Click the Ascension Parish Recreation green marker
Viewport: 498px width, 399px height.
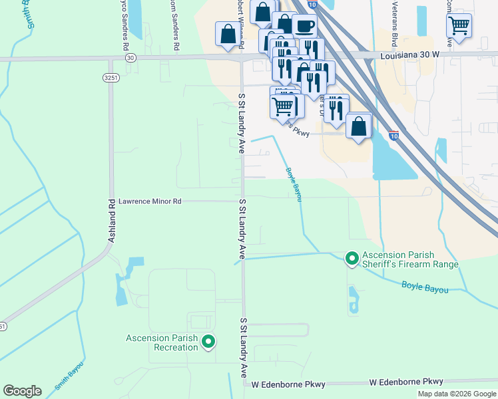208,342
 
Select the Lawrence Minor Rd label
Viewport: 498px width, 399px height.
150,201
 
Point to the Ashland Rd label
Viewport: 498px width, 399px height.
112,219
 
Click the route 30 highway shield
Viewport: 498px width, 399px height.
130,58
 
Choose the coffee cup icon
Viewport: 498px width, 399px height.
304,26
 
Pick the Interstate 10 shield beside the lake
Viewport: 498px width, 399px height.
394,136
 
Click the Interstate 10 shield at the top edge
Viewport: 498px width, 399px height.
313,4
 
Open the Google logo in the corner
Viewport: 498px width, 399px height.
23,391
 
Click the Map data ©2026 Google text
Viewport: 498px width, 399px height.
457,394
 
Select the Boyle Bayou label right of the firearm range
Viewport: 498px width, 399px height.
425,287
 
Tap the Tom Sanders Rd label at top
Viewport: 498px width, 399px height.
175,25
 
